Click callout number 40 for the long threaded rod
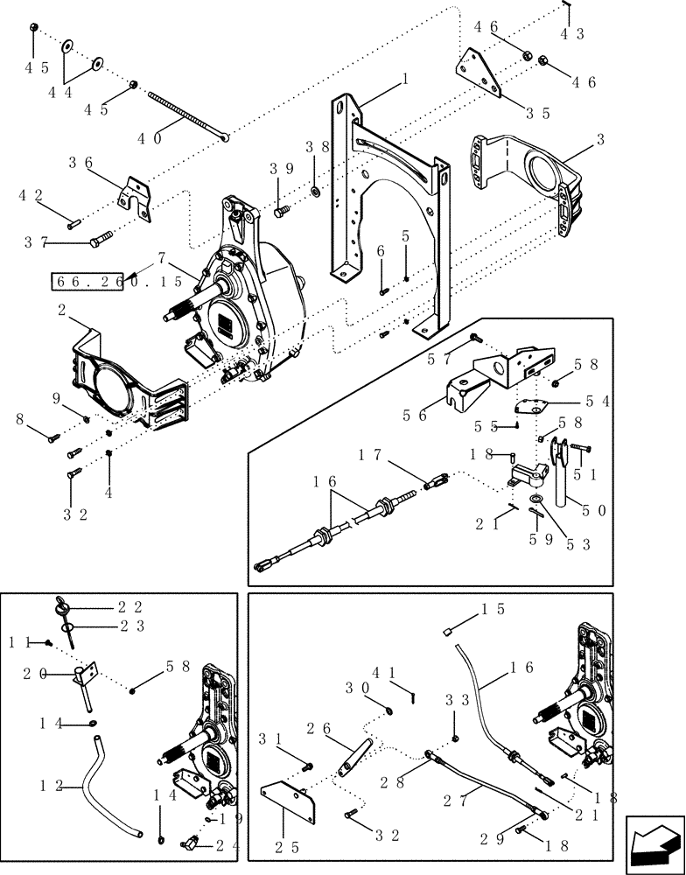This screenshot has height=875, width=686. coord(151,138)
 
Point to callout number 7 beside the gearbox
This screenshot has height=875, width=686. coord(161,258)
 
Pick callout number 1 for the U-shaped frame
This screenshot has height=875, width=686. coord(405,79)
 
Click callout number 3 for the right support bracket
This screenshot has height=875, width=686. coord(601,139)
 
